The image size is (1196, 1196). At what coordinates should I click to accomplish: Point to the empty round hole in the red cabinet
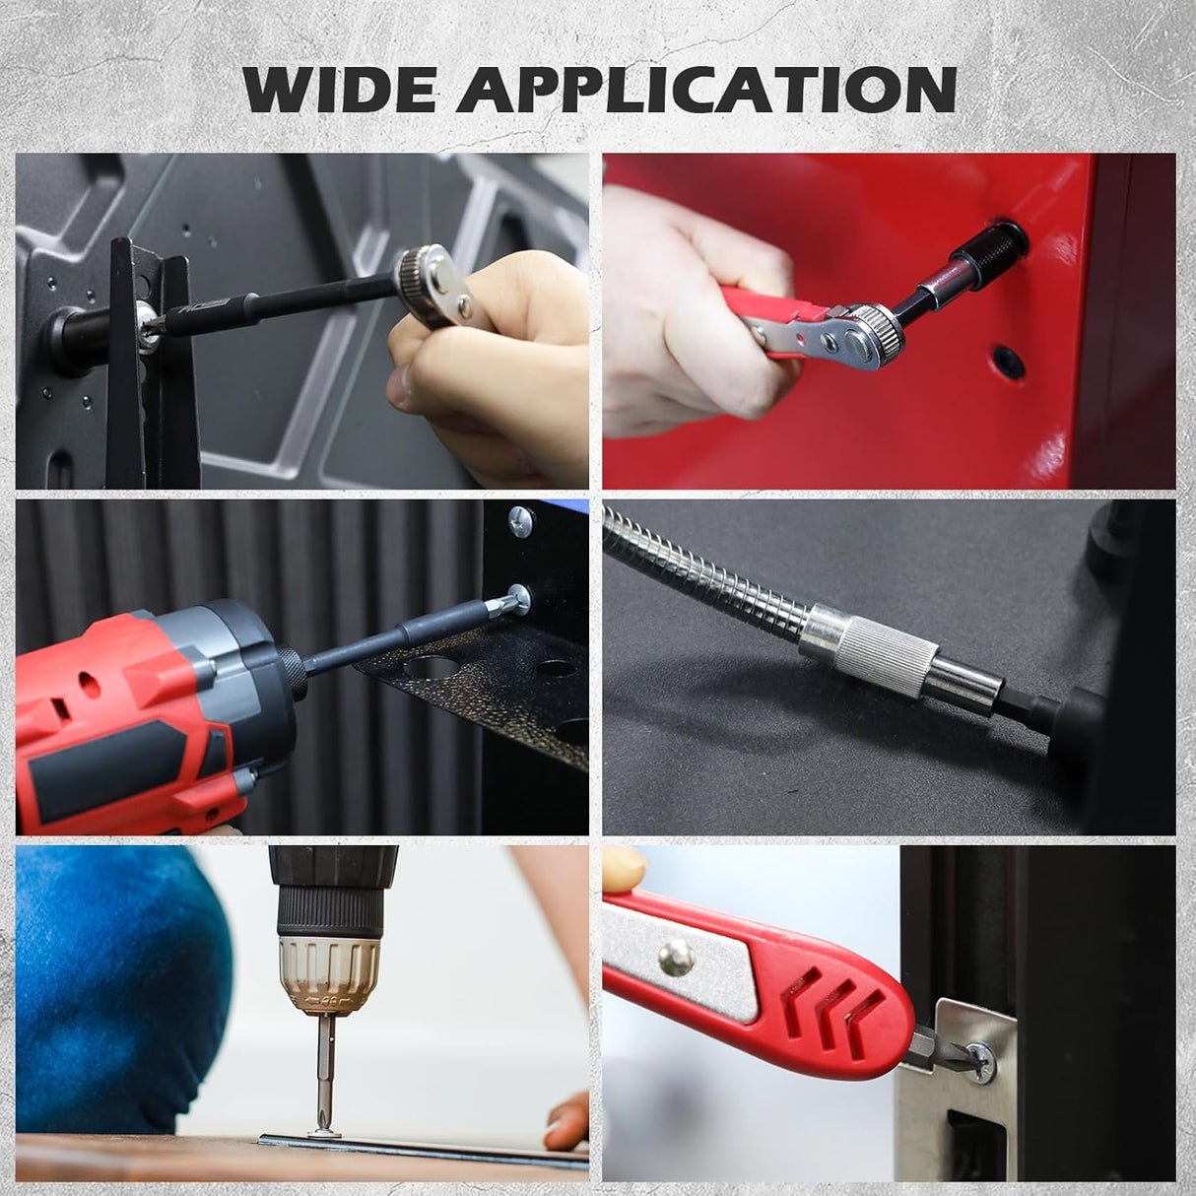coord(1002,356)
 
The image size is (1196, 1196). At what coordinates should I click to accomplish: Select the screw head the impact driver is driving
coord(515,594)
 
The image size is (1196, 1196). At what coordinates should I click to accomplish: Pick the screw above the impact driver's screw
coord(520,515)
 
